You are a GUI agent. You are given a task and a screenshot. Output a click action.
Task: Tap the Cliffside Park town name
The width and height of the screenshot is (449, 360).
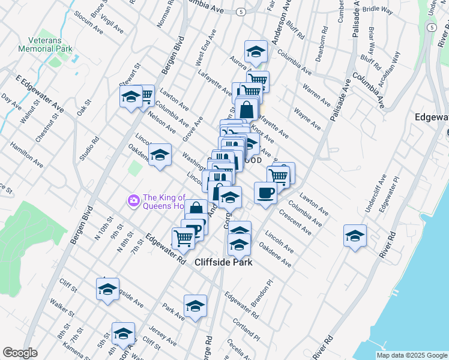(x=223, y=262)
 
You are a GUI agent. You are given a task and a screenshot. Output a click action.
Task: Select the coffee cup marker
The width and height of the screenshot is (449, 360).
(x=265, y=193)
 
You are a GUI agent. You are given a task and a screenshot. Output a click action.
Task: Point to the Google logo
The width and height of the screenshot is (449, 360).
(x=20, y=353)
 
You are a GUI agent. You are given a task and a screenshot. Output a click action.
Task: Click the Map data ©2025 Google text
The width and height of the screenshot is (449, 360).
(x=411, y=355)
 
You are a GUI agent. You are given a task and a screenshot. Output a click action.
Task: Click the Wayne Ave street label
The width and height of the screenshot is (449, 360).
(x=307, y=117)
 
